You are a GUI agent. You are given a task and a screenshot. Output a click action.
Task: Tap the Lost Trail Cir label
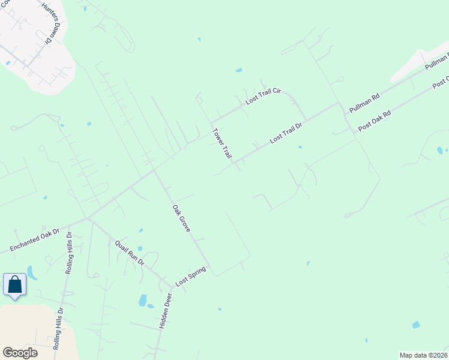[x=263, y=96]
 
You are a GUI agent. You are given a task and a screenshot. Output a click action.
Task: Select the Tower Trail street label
[x=221, y=143]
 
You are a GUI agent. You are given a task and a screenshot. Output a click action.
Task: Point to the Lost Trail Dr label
[x=285, y=130]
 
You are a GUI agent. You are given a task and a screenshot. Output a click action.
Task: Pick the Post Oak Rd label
[x=374, y=120]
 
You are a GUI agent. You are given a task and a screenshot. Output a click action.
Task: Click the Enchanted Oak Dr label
[x=35, y=240]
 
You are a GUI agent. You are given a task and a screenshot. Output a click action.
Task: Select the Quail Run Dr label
[x=130, y=252]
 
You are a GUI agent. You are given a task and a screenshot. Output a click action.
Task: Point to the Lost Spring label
[x=190, y=276]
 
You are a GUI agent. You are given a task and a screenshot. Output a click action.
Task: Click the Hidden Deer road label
[x=166, y=310]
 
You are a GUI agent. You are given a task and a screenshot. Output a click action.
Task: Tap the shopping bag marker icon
[x=14, y=284]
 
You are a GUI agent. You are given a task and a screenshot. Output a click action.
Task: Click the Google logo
[x=20, y=353]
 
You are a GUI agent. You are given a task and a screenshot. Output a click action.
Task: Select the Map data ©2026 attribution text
[x=423, y=355]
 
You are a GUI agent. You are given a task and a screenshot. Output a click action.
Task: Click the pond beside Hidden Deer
[x=143, y=300]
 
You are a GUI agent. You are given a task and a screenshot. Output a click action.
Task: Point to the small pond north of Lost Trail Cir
[x=239, y=70]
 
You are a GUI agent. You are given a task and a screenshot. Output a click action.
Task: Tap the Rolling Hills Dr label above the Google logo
[x=59, y=329]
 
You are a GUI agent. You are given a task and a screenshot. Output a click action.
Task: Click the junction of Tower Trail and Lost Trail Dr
[x=235, y=163]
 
